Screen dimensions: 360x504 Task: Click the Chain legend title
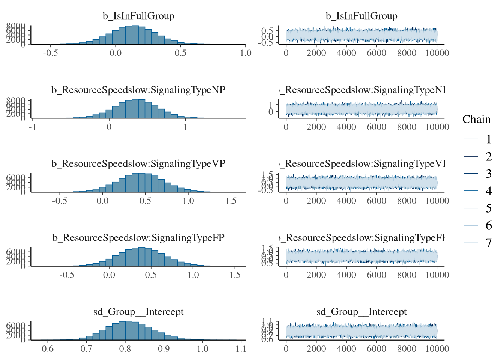(476, 119)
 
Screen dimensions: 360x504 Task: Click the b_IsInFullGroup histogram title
(138, 16)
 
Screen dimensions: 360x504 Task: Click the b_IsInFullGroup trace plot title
(361, 16)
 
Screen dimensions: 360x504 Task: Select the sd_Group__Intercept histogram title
(138, 312)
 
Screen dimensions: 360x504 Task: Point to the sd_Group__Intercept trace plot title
(361, 312)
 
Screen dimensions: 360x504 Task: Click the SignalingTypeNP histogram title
(138, 90)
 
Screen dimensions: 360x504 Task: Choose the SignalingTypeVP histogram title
(138, 164)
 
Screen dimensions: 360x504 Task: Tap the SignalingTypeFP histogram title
(138, 238)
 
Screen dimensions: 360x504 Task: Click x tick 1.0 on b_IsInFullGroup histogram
(246, 53)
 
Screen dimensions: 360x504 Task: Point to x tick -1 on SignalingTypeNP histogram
(33, 127)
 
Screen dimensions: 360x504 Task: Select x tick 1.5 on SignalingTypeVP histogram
(231, 201)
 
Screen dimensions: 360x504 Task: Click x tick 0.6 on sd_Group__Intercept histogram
(48, 349)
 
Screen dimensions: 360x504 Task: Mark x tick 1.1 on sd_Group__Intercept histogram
(241, 349)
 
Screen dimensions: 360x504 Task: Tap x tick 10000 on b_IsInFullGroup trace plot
(437, 53)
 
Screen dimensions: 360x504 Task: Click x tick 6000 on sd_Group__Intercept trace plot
(376, 349)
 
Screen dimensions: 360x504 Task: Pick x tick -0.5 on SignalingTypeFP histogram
(67, 275)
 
